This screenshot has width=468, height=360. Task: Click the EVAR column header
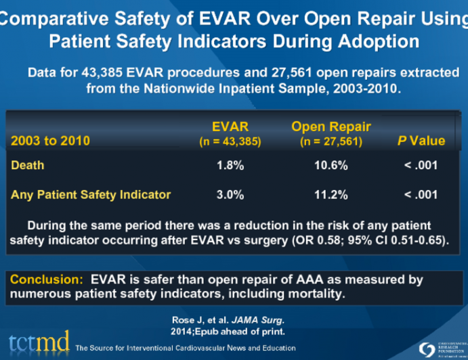(x=230, y=126)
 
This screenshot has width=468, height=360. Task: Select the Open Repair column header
(x=331, y=126)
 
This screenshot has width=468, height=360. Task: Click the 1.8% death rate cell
(x=230, y=165)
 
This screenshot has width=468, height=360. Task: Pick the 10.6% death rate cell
(x=331, y=165)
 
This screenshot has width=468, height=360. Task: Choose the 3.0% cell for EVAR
(x=230, y=195)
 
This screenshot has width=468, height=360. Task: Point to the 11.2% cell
(x=331, y=195)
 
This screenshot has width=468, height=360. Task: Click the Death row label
(x=28, y=165)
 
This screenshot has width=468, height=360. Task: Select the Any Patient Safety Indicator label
(x=91, y=195)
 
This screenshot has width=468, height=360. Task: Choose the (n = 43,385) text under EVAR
(x=230, y=141)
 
